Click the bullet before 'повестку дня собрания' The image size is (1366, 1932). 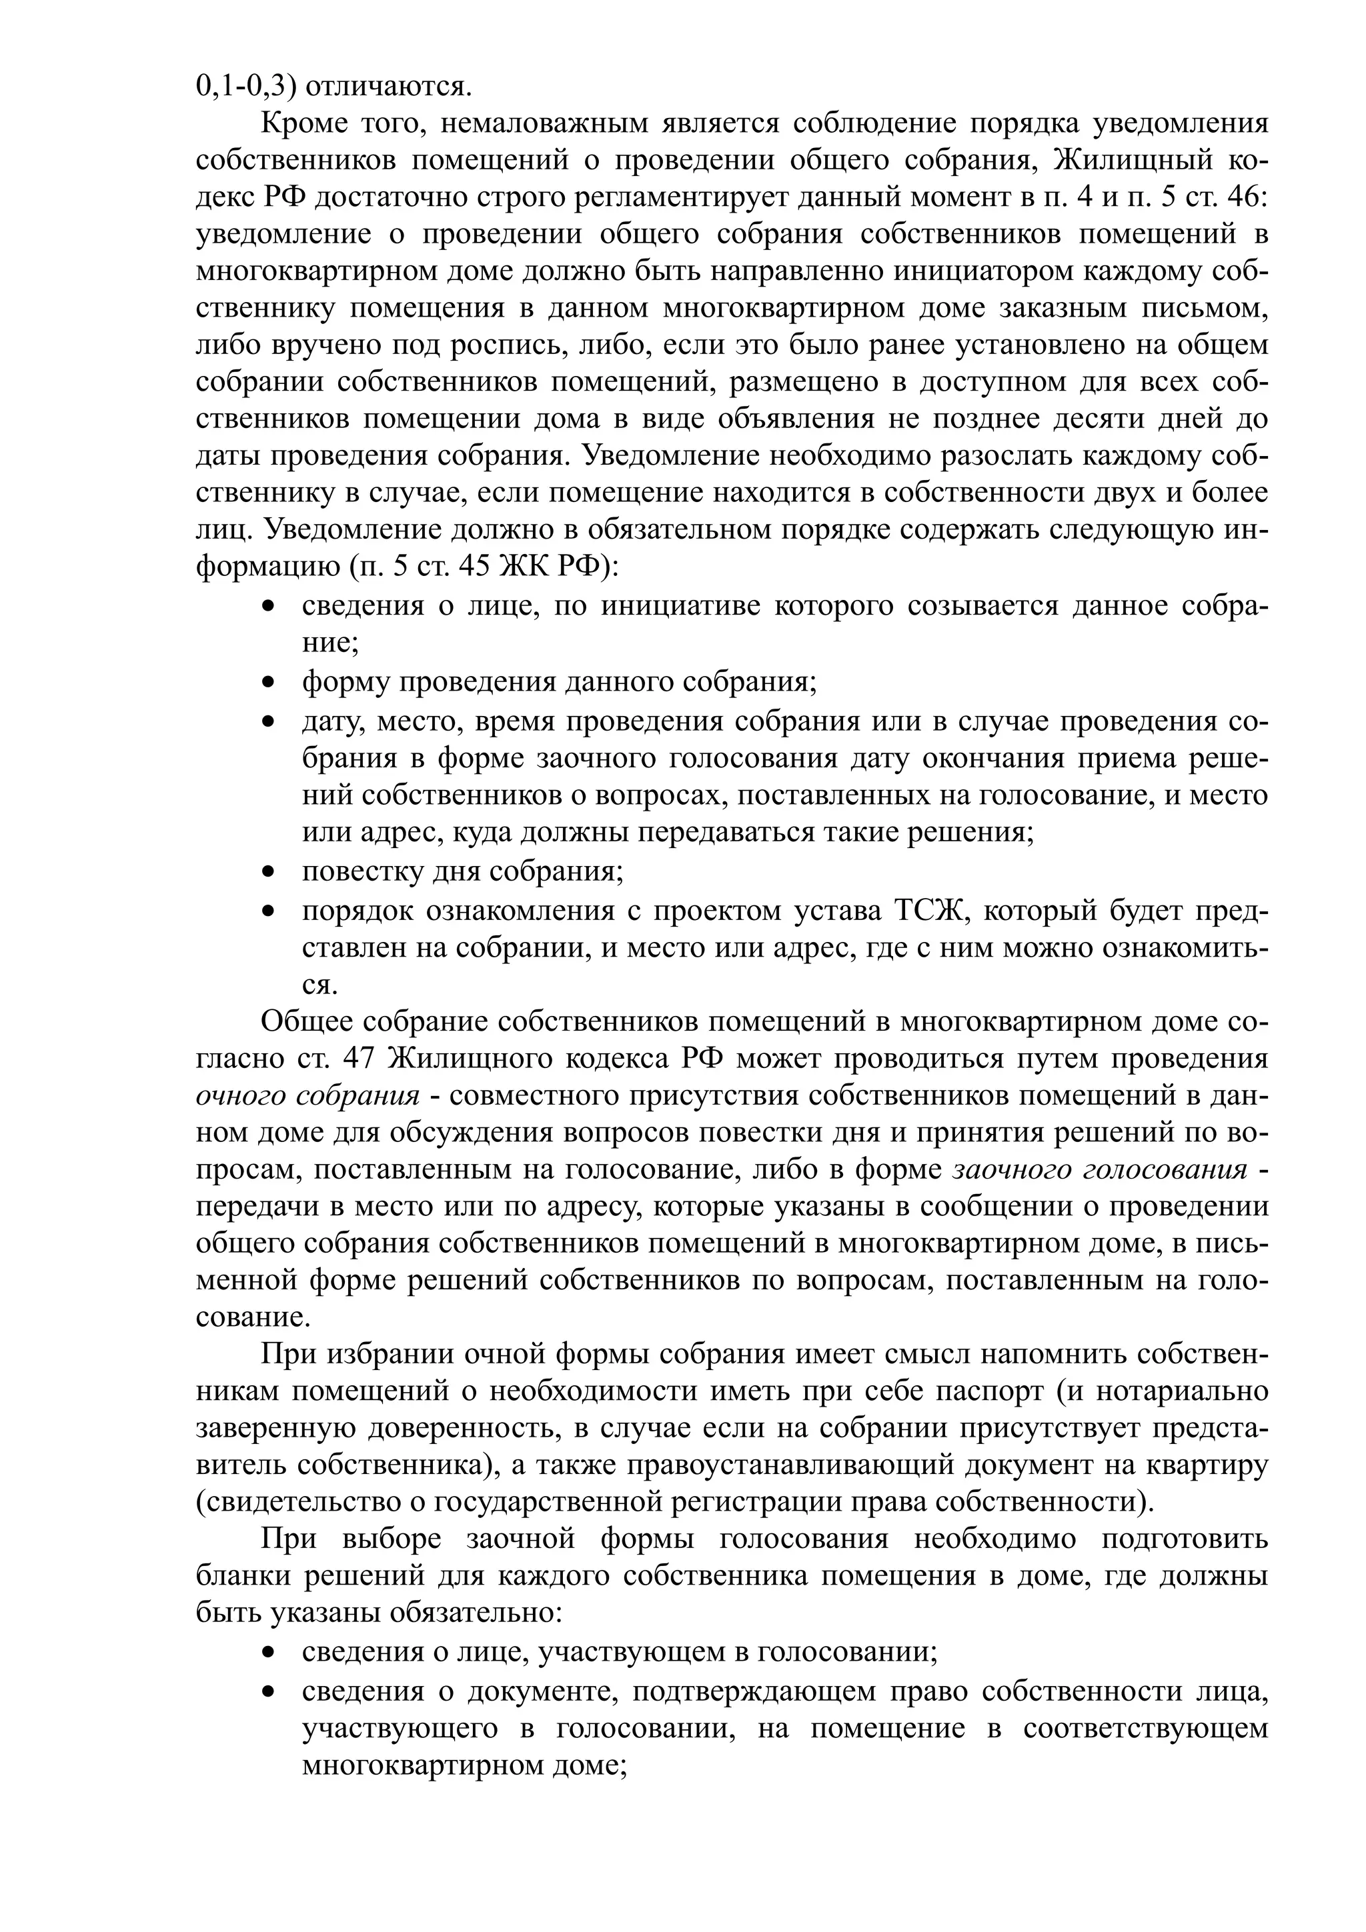tap(269, 873)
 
